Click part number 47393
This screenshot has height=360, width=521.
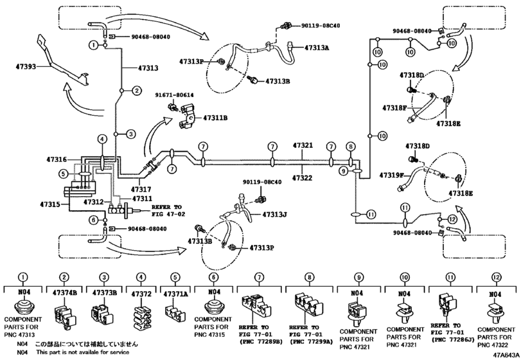(26, 67)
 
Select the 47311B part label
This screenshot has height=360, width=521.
(215, 118)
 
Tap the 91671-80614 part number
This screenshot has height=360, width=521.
(175, 95)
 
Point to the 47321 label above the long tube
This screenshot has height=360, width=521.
(303, 145)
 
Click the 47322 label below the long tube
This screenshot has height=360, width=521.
(303, 178)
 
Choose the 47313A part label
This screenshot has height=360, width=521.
(317, 48)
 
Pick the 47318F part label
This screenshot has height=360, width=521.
(394, 108)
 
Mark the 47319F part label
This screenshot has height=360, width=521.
(391, 175)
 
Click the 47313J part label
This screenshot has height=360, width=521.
(274, 215)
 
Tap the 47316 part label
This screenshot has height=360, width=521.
(57, 160)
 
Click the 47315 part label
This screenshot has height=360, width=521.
(50, 204)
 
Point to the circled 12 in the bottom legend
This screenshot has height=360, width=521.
(495, 277)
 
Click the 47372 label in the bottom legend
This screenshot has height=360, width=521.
(141, 294)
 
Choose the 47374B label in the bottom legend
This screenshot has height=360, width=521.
(65, 292)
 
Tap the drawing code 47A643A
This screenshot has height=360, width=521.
(506, 355)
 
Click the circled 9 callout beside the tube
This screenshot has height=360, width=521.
(344, 171)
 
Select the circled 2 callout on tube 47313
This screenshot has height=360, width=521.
(137, 91)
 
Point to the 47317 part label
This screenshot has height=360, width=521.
(141, 190)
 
